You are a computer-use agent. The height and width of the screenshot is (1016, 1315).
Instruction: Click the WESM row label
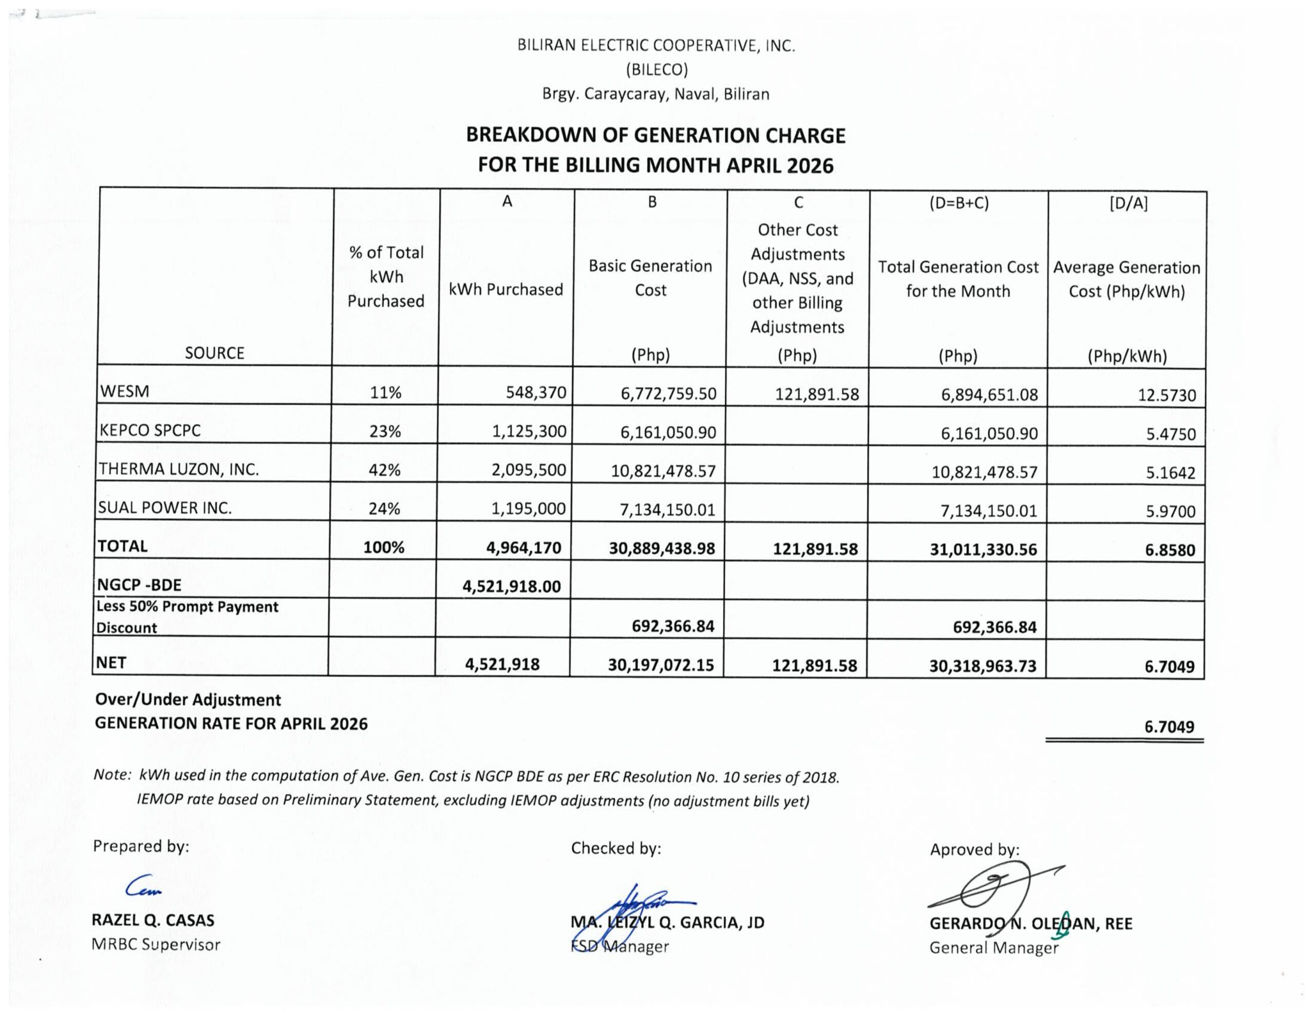[125, 391]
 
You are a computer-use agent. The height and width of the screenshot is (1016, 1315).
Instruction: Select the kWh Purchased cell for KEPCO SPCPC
[529, 431]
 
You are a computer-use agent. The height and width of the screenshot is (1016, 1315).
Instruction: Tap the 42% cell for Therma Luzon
[385, 470]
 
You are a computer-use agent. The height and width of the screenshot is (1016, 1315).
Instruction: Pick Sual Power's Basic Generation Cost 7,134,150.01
[667, 510]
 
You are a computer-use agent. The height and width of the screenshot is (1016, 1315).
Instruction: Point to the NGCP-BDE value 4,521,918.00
[511, 586]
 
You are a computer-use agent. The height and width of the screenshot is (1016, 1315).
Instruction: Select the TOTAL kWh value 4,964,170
[523, 548]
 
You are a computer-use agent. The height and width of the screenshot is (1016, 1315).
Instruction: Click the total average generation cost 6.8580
[1169, 550]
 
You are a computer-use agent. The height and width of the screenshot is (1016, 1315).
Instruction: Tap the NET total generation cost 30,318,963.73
[983, 666]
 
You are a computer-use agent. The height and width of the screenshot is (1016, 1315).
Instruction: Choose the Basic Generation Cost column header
[650, 278]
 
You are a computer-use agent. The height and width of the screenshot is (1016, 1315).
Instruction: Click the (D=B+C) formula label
[959, 203]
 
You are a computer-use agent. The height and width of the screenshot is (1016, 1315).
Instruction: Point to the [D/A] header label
[1128, 203]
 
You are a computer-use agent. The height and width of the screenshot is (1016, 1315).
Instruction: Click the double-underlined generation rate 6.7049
[1169, 727]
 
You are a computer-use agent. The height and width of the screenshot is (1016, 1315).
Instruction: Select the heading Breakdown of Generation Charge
[655, 136]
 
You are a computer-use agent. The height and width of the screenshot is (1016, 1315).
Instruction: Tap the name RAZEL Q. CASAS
[153, 920]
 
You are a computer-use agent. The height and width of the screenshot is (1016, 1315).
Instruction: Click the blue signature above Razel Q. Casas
[143, 886]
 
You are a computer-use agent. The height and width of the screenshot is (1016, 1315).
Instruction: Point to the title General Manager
[993, 948]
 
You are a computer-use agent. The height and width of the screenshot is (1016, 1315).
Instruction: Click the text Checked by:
[615, 849]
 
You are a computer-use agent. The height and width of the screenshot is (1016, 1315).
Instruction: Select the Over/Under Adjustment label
[188, 700]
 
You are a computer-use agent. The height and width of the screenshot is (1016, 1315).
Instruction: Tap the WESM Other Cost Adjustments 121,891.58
[816, 394]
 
